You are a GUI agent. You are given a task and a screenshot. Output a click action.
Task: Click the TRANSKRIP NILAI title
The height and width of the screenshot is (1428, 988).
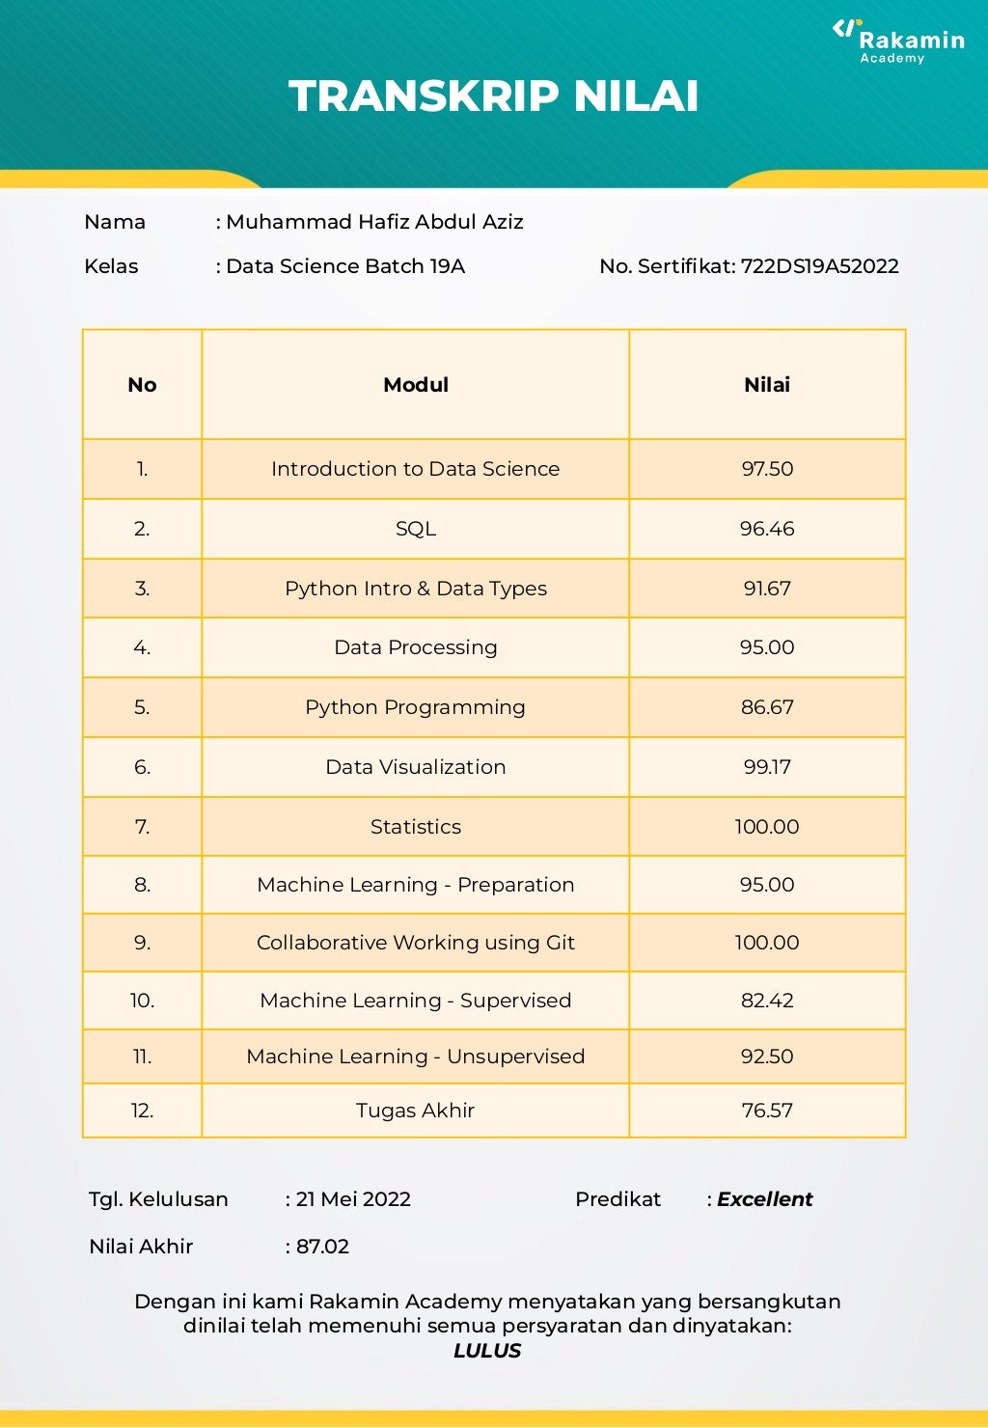tap(493, 96)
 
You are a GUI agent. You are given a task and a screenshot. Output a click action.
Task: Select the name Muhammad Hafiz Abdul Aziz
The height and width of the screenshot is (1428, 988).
tap(374, 222)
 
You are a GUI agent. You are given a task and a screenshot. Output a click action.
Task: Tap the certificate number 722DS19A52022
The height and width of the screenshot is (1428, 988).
tap(819, 266)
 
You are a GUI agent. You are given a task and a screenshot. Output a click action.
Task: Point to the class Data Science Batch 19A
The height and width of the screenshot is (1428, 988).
tap(345, 266)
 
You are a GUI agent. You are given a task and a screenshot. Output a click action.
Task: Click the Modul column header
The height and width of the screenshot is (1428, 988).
tap(416, 385)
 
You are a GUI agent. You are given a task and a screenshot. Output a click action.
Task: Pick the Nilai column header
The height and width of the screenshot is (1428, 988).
tap(767, 385)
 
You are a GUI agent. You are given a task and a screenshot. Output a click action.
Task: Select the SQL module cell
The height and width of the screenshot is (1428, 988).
tap(416, 529)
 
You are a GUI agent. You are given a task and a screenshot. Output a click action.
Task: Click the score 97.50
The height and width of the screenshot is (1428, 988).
tap(767, 469)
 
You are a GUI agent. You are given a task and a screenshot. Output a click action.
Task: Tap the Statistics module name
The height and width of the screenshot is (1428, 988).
tap(416, 827)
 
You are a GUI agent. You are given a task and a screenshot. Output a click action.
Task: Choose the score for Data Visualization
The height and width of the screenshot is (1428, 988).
tap(767, 767)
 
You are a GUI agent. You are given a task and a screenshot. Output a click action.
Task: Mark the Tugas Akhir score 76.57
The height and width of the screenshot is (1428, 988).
tap(767, 1111)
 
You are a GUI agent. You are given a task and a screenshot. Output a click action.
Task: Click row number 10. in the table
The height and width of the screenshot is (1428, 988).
tap(142, 1001)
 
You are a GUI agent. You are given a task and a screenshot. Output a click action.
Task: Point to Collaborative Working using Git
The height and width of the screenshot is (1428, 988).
tap(416, 943)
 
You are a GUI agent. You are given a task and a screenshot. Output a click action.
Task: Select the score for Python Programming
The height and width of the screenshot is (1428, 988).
tap(767, 707)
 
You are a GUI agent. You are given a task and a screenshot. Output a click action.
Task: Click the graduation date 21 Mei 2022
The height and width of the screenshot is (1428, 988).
tap(353, 1199)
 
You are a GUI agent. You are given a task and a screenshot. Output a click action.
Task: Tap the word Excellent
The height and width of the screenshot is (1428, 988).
tap(764, 1199)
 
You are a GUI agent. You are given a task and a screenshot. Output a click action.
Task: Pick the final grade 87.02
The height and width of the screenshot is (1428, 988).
tap(322, 1247)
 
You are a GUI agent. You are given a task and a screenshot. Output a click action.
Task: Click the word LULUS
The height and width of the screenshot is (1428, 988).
tap(487, 1351)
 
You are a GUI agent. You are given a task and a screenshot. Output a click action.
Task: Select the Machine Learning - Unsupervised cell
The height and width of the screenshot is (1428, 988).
tap(416, 1057)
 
